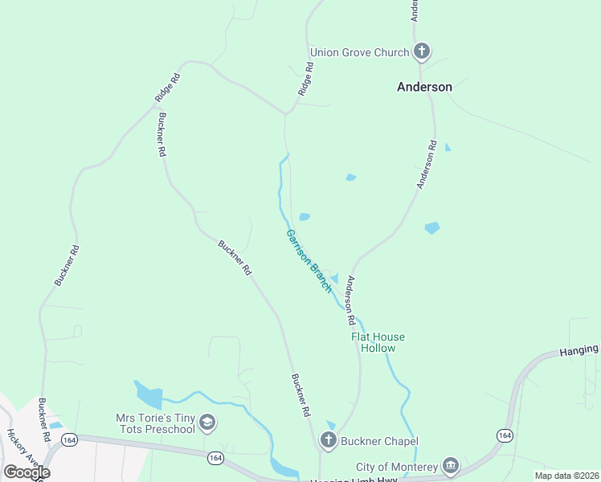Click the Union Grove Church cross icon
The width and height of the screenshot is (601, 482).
pos(421,53)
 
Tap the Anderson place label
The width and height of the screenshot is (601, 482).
pos(424,87)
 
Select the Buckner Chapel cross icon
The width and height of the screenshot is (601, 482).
pos(328,440)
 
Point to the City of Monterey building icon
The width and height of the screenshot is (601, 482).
pos(450,467)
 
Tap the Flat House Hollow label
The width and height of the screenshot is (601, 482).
pos(378,342)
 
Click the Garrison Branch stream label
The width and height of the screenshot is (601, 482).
pos(309,261)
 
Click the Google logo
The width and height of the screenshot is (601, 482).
pos(27,472)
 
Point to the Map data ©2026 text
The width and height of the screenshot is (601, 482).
pos(566,476)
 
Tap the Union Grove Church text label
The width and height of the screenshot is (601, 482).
pos(365,53)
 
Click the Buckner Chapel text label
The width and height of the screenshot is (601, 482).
pos(379,441)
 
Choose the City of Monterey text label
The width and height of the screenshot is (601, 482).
pos(397,467)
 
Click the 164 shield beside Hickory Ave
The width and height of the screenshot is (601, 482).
pos(69,439)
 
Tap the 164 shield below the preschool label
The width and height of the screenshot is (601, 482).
pos(215,457)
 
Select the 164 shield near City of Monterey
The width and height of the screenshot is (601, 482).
pos(505,435)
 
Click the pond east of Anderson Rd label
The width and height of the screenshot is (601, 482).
pos(432,228)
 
